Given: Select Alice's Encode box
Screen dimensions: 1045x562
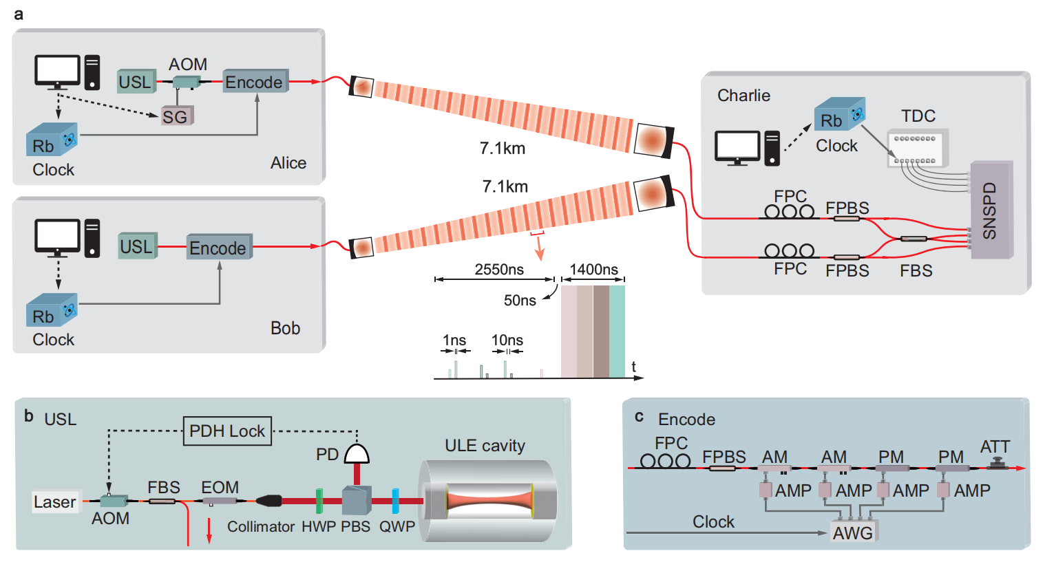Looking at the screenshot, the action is [255, 81].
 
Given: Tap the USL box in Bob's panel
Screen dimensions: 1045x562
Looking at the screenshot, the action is [138, 246].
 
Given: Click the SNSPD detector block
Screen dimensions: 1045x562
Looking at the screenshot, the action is [991, 210].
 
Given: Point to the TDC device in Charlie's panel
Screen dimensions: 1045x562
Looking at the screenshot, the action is [918, 148].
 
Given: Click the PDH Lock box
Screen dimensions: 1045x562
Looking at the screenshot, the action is [227, 431].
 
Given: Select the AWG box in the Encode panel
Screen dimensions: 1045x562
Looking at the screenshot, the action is [853, 532].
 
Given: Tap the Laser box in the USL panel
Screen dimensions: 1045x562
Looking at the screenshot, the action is [56, 501].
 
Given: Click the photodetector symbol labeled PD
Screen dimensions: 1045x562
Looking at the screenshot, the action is [357, 453].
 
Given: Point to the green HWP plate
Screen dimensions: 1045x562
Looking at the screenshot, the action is [319, 501].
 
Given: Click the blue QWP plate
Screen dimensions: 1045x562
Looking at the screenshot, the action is [396, 501].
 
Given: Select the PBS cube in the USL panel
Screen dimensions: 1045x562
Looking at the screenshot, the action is [357, 500].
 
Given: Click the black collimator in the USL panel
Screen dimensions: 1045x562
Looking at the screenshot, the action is [269, 501].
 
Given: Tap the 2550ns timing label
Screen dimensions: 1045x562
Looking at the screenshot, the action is [499, 270].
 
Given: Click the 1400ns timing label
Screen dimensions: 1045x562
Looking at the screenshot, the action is [593, 270].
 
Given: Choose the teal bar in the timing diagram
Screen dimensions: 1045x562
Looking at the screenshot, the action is [617, 332].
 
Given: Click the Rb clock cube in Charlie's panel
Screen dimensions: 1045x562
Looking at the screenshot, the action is [839, 114].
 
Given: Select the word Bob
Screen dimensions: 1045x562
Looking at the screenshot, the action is [285, 328].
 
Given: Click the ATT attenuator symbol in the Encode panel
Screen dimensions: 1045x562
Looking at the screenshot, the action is [997, 464].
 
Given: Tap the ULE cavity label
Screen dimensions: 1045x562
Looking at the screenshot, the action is [485, 446].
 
